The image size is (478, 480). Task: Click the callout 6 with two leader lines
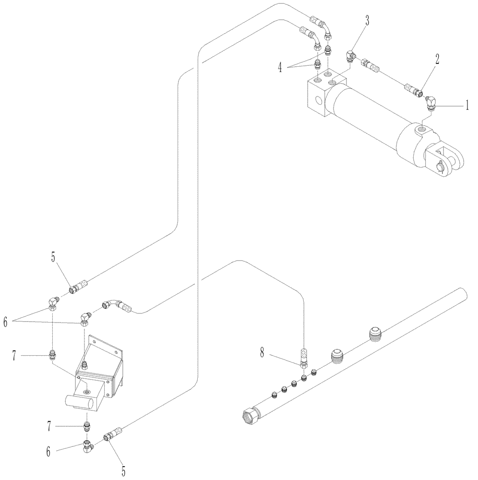6,322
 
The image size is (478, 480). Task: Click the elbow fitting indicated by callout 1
431,102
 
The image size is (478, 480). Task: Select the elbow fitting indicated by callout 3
351,56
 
